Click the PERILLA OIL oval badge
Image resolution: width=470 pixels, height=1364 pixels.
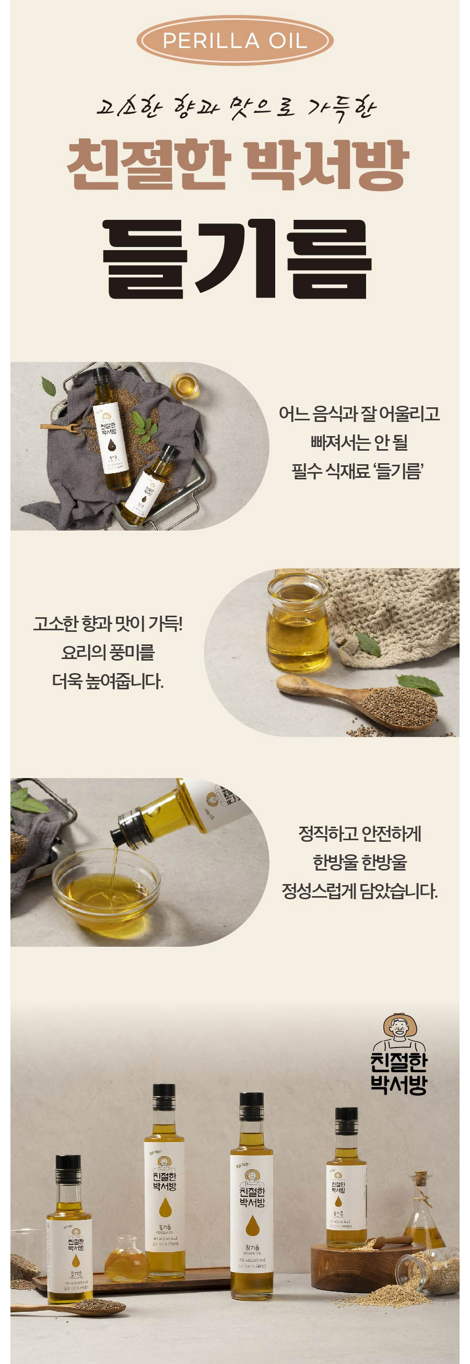point(234,41)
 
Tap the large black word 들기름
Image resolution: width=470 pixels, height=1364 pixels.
point(236,259)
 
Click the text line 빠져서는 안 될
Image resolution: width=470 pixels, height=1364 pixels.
point(359,442)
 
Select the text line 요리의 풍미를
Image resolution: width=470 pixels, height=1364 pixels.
point(108,652)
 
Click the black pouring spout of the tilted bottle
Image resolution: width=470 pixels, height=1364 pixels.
point(127,829)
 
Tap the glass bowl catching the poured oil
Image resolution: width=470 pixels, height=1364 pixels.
point(106,889)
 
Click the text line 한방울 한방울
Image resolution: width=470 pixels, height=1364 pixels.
point(359,863)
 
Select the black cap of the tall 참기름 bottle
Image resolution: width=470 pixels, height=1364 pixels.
point(251,1107)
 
